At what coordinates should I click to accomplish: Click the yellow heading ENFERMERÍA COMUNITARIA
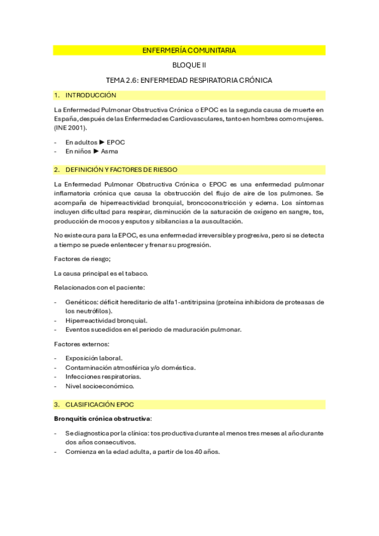[x=189, y=50]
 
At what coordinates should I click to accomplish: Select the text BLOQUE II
[x=189, y=65]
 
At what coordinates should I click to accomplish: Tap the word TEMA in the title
[x=117, y=80]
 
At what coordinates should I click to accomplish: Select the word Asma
[x=109, y=151]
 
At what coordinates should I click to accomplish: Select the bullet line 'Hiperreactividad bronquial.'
[x=106, y=320]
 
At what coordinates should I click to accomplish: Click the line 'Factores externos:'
[x=82, y=344]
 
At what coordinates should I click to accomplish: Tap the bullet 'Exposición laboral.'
[x=94, y=358]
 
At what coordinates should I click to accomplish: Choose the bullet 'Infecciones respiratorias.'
[x=103, y=376]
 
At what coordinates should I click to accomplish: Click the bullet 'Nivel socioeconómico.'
[x=100, y=386]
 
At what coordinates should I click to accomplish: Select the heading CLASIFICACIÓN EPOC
[x=103, y=404]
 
